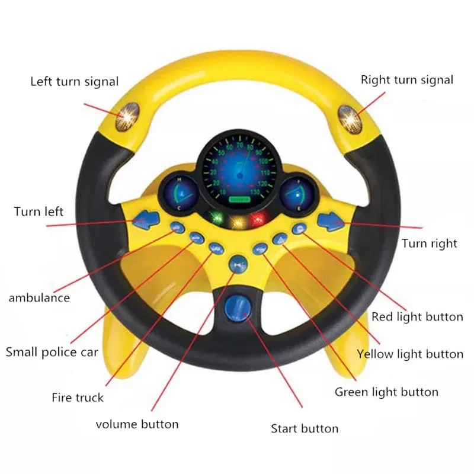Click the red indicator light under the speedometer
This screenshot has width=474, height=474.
(257, 220)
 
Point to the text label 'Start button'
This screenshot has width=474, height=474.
(305, 428)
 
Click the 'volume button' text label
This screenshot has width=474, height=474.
(137, 424)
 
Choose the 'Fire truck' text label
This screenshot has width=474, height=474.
(78, 398)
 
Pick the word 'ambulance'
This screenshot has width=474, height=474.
(39, 297)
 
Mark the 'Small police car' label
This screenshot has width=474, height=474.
(52, 353)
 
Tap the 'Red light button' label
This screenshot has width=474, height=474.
(417, 317)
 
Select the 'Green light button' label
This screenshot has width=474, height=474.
(386, 392)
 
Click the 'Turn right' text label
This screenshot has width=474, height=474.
(430, 243)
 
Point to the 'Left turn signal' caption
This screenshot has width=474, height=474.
(75, 81)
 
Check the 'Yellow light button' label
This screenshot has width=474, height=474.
(410, 354)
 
